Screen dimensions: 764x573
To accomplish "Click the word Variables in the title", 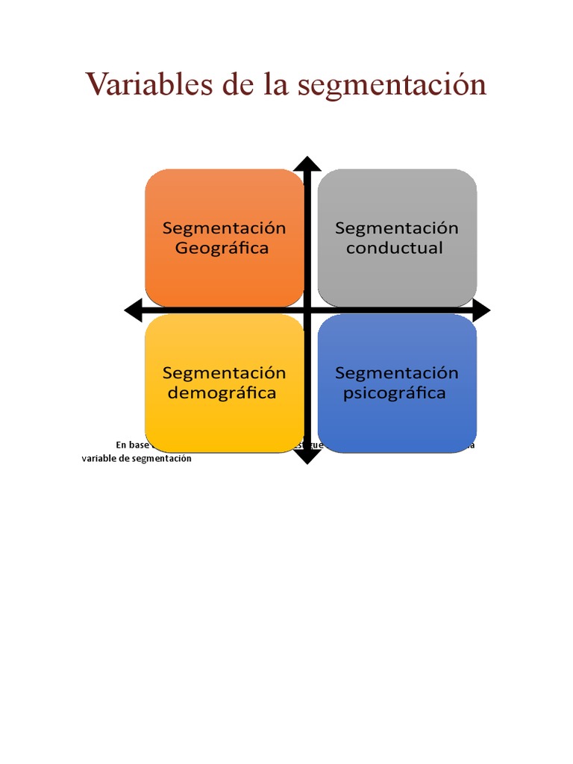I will (148, 84).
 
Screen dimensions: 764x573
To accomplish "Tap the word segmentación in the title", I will (392, 86).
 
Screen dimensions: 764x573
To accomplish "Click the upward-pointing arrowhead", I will (307, 164).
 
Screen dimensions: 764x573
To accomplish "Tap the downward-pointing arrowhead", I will (307, 457).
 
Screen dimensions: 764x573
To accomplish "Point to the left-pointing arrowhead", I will (133, 310).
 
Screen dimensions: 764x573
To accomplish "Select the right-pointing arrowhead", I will (482, 310).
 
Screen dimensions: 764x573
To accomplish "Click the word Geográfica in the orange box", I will (222, 248).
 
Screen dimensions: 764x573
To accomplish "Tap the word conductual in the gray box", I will (394, 248).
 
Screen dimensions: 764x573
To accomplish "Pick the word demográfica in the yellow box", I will (222, 393).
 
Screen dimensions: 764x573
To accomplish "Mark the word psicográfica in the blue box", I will (394, 393).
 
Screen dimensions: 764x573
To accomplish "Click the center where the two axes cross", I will (307, 310).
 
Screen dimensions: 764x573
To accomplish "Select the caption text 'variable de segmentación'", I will (137, 459).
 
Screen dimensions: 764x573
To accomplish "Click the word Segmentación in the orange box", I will (225, 228).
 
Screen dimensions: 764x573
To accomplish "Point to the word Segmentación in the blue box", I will (397, 373).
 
